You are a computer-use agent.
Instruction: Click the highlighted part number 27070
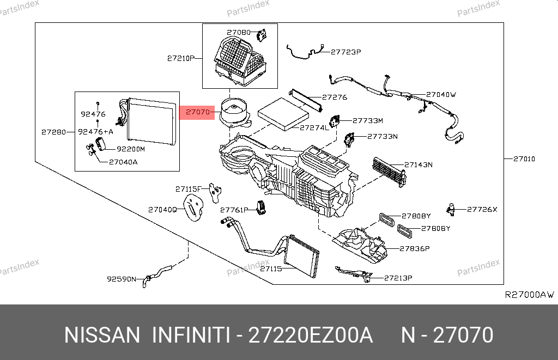pyautogui.click(x=197, y=113)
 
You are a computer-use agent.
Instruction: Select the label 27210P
pyautogui.click(x=181, y=58)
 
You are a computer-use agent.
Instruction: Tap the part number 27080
pyautogui.click(x=239, y=33)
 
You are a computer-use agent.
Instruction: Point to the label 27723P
pyautogui.click(x=346, y=52)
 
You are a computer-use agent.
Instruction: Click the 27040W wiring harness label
pyautogui.click(x=440, y=94)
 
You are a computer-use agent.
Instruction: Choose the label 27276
pyautogui.click(x=334, y=97)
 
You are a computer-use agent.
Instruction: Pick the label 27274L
pyautogui.click(x=314, y=128)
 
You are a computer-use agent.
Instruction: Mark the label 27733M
pyautogui.click(x=368, y=121)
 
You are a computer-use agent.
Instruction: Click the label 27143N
pyautogui.click(x=418, y=164)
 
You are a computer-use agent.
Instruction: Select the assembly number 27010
pyautogui.click(x=524, y=159)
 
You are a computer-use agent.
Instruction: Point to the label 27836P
pyautogui.click(x=415, y=248)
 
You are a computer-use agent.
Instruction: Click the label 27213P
pyautogui.click(x=398, y=278)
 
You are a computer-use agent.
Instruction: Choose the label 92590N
pyautogui.click(x=121, y=279)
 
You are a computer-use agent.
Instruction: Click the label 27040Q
pyautogui.click(x=162, y=209)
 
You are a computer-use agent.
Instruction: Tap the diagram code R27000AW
pyautogui.click(x=529, y=295)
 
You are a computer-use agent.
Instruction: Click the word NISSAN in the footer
pyautogui.click(x=102, y=335)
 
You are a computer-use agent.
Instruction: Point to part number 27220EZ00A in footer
pyautogui.click(x=311, y=335)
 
